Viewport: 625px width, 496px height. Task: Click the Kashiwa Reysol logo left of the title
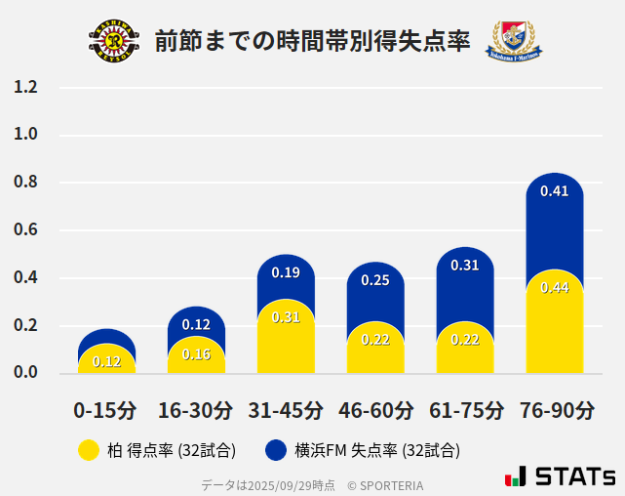(x=113, y=41)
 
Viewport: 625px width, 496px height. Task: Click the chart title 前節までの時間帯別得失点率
(x=312, y=41)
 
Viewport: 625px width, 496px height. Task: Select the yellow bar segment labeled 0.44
(x=554, y=322)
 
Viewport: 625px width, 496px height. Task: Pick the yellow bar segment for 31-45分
(x=286, y=337)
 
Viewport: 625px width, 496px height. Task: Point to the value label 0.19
(x=286, y=273)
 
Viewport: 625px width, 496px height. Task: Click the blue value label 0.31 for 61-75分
(x=465, y=265)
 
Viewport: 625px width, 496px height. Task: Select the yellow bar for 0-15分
(x=106, y=359)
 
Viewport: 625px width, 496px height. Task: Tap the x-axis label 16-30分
(x=196, y=409)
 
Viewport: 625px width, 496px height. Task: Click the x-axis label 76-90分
(x=556, y=409)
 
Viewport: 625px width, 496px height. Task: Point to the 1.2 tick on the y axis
(x=25, y=87)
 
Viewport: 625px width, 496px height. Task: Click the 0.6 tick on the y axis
(x=25, y=230)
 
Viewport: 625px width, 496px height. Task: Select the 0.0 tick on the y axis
(x=25, y=373)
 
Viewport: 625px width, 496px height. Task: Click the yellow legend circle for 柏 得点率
(x=88, y=450)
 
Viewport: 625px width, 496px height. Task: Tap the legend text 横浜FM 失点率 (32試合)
(x=376, y=450)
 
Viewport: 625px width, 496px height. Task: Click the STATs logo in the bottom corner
(x=561, y=476)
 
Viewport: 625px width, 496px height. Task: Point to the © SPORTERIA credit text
(x=385, y=484)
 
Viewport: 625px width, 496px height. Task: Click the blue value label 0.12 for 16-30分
(x=196, y=324)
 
